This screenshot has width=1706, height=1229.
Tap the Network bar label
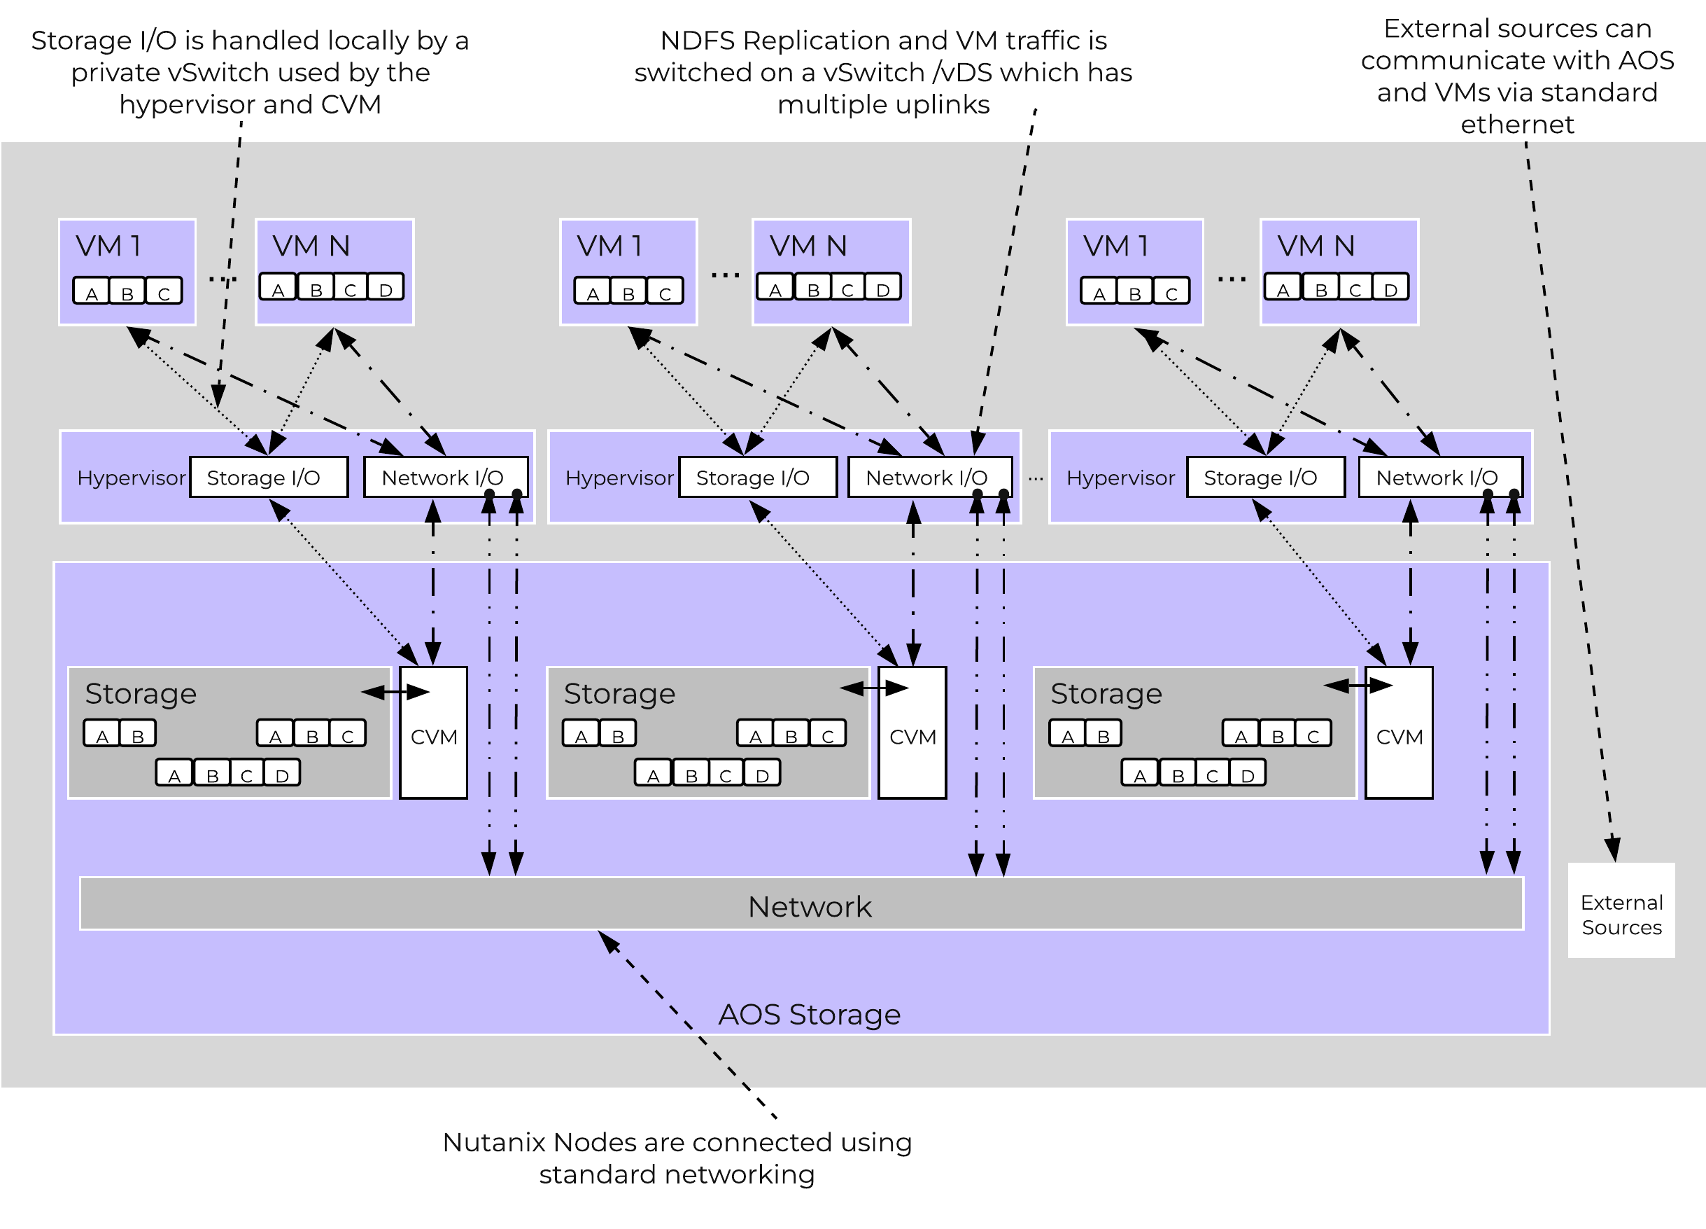tap(810, 907)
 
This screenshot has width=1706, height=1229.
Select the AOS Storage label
tap(810, 1015)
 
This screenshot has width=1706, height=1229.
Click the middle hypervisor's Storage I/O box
tap(756, 478)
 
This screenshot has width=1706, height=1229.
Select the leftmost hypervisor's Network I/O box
tap(444, 477)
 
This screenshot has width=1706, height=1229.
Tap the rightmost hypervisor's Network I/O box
tap(1439, 477)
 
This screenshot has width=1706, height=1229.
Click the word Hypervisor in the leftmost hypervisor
tap(131, 478)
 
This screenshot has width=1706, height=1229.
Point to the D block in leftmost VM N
tap(386, 289)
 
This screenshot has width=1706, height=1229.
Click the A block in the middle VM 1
tap(593, 292)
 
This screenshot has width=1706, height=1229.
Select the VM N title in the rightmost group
tap(1316, 246)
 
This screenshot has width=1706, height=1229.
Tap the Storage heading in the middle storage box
tap(619, 693)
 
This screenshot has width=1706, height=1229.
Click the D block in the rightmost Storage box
tap(1247, 774)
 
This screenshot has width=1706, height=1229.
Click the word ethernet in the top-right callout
tap(1517, 124)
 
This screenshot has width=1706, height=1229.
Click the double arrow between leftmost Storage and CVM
tap(395, 692)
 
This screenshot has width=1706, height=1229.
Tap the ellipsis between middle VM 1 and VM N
tap(725, 275)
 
